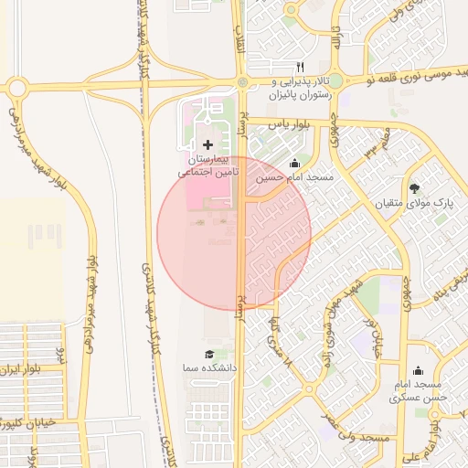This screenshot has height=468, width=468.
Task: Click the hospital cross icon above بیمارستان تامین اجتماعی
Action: tap(207, 144)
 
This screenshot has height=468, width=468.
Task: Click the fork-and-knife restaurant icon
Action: tap(300, 69)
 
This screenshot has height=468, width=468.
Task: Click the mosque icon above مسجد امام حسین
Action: tap(293, 164)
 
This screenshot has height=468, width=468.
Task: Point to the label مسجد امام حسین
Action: tap(295, 177)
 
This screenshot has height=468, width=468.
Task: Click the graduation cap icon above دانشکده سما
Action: tap(208, 354)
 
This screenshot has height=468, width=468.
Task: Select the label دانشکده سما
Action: tap(209, 367)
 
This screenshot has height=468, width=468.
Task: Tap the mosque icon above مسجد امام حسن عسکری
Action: tap(418, 370)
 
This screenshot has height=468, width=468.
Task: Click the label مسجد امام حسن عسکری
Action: tap(418, 391)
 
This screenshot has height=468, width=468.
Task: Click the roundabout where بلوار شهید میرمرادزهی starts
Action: tap(17, 89)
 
